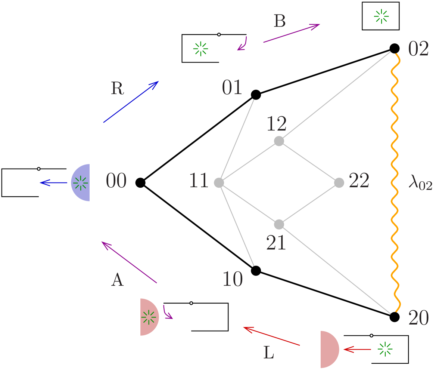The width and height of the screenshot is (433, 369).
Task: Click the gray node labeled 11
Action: (x=219, y=183)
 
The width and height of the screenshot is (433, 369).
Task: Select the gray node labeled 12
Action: (x=279, y=141)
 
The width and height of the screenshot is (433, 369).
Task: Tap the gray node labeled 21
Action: (x=279, y=224)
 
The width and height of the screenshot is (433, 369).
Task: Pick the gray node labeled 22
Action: (x=339, y=183)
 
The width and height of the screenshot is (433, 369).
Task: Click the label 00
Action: (x=116, y=181)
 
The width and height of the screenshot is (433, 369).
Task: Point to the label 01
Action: (x=232, y=88)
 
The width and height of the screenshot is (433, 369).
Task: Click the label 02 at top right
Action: (x=418, y=49)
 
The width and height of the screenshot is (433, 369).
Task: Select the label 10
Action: (x=232, y=279)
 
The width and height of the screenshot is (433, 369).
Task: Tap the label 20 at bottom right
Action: (x=418, y=319)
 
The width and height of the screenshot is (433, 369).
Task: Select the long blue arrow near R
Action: (x=131, y=102)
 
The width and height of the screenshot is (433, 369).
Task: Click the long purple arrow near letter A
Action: (x=129, y=262)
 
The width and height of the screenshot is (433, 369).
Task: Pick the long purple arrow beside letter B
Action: (x=292, y=34)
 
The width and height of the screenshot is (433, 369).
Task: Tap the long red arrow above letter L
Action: (x=271, y=336)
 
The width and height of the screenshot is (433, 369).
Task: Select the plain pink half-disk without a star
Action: (x=328, y=349)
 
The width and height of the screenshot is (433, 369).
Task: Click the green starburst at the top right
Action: (x=381, y=16)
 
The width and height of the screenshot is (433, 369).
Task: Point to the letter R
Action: (x=117, y=89)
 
